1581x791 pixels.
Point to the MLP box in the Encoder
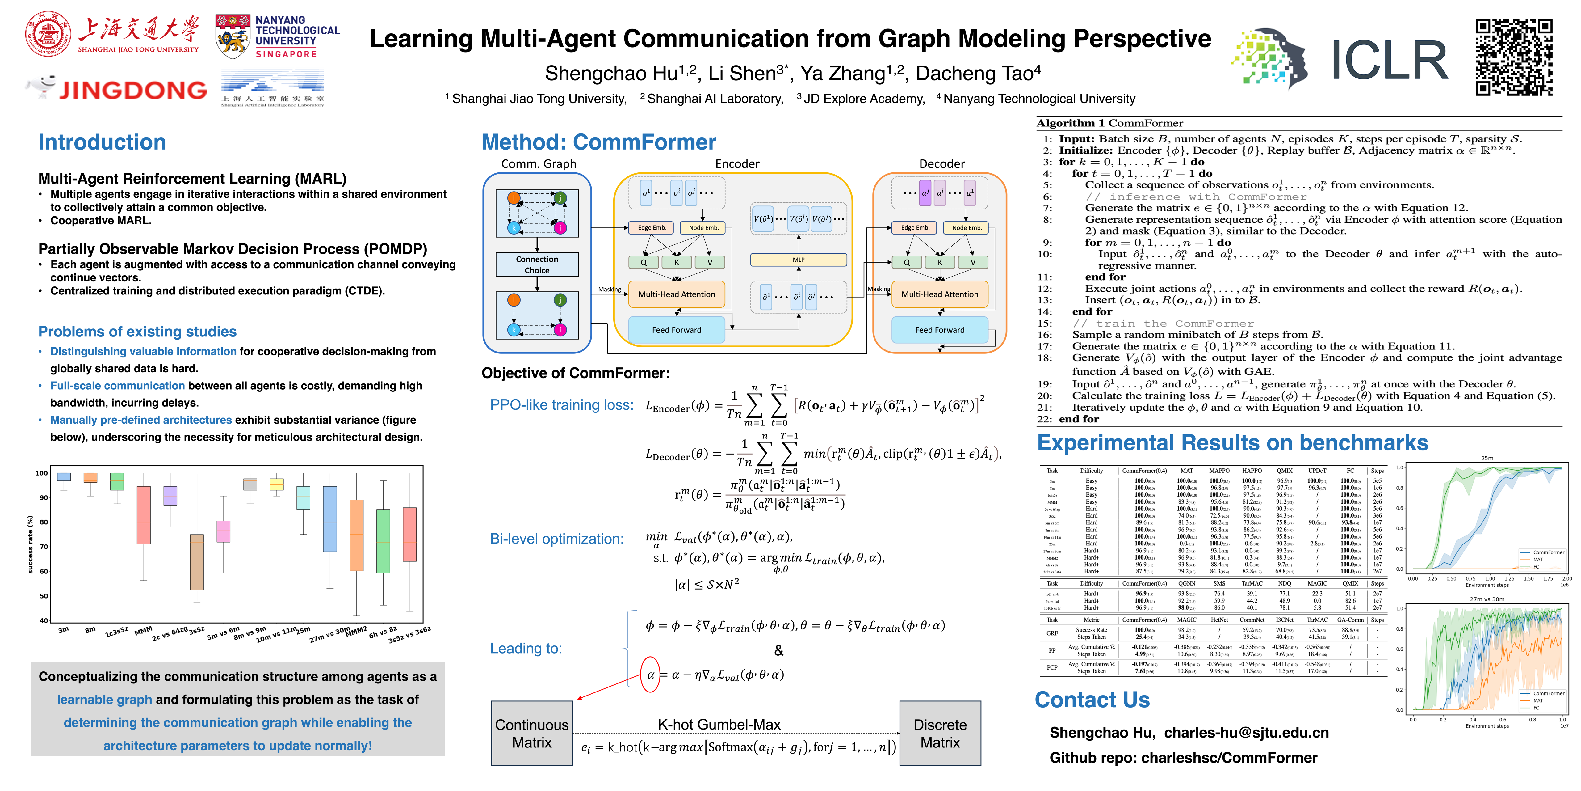point(799,260)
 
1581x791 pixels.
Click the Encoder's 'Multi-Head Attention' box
point(676,294)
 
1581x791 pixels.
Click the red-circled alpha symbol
point(650,674)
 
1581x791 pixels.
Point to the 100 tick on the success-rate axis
point(42,473)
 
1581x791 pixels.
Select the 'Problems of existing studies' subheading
point(137,332)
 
